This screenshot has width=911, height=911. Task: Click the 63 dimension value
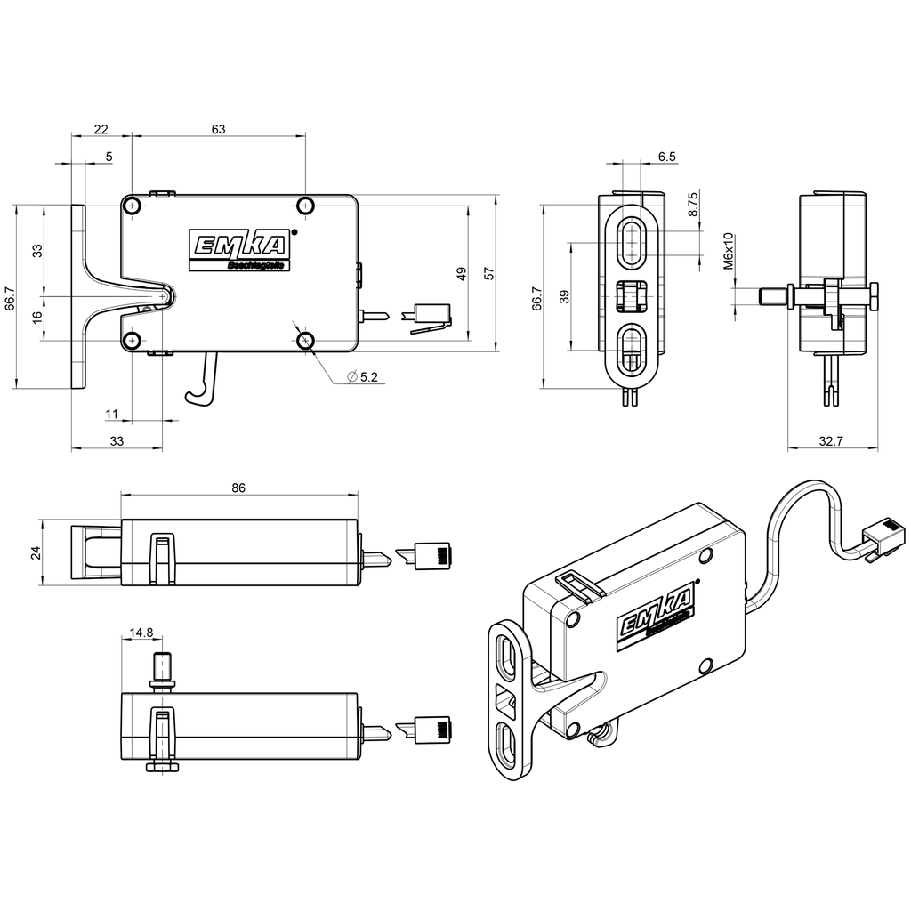pos(218,129)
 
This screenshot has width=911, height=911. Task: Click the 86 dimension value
pos(238,488)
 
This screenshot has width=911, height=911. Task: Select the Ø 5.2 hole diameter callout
pos(362,377)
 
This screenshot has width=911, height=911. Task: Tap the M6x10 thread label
pos(728,251)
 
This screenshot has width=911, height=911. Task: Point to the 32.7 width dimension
pos(833,440)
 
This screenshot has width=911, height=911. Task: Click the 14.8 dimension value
pos(141,633)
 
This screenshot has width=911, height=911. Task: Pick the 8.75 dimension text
pos(693,205)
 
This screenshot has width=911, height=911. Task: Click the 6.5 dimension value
pos(667,157)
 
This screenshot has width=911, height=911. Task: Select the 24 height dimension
pos(36,552)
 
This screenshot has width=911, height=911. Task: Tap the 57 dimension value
pos(488,273)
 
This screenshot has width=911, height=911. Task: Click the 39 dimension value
pos(562,297)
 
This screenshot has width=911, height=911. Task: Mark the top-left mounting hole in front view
pos(133,206)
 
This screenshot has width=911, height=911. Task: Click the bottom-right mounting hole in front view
pos(305,340)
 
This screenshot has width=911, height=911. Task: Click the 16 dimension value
pos(36,317)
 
